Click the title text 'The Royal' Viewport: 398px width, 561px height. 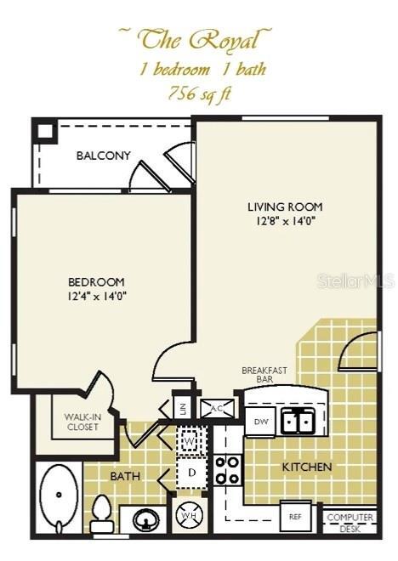tap(196, 39)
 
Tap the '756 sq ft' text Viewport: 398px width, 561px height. tap(198, 93)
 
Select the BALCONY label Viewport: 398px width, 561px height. tap(103, 156)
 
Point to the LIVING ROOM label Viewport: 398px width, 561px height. tap(285, 207)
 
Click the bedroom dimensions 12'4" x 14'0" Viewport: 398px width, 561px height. tap(97, 296)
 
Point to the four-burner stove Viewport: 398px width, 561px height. tap(227, 469)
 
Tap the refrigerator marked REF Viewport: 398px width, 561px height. tap(296, 516)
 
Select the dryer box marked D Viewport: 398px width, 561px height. tap(191, 472)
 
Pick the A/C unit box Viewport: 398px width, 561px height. tap(216, 408)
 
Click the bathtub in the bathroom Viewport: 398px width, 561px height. tap(59, 497)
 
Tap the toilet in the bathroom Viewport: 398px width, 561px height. tap(102, 513)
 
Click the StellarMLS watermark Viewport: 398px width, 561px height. tap(356, 280)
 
